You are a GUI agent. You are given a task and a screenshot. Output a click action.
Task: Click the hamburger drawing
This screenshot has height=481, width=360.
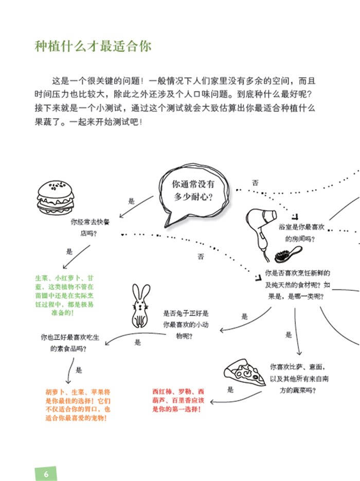[56, 197]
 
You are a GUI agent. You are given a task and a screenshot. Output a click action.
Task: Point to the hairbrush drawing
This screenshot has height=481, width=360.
[288, 254]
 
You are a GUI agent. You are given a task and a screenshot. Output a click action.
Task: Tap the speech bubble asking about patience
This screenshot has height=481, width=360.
[193, 194]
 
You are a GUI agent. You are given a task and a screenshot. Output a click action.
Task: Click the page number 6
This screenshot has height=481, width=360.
[46, 474]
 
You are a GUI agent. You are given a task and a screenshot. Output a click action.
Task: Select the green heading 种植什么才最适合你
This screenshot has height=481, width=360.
[93, 46]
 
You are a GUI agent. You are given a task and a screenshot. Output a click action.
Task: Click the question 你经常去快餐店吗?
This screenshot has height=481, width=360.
[89, 227]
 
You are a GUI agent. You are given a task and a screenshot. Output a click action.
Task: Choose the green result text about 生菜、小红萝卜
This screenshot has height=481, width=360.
[64, 295]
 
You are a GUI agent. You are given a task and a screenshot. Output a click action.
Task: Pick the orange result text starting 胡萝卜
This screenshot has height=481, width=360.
[78, 405]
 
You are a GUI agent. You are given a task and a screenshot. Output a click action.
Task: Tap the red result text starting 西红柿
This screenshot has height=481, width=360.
[178, 400]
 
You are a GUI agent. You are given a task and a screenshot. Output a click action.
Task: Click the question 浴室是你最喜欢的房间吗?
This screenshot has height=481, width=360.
[301, 233]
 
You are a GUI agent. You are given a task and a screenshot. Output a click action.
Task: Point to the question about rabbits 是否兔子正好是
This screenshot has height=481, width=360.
[186, 325]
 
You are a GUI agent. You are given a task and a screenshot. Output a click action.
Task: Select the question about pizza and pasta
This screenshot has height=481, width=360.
[299, 379]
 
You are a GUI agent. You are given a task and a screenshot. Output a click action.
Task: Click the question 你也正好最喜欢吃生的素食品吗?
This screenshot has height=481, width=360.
[70, 343]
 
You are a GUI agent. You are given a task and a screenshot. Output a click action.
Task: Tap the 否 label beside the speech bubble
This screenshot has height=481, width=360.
[256, 183]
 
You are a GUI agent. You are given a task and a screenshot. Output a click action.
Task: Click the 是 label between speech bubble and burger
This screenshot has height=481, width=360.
[131, 201]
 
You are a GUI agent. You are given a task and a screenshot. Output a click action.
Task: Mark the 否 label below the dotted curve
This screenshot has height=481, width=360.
[201, 256]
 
